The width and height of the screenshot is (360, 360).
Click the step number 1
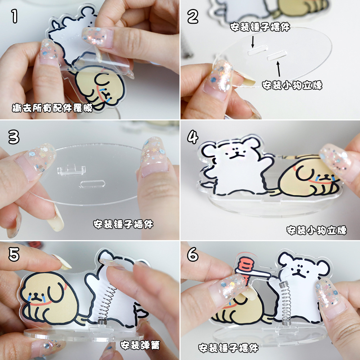14,17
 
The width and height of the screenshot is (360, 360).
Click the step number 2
193,17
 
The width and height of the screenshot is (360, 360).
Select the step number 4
193,137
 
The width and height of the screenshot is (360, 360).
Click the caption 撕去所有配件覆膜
52,108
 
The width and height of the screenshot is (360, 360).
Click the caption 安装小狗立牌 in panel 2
292,85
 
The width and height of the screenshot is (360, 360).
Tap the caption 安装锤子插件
123,225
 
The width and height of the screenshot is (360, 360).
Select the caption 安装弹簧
140,346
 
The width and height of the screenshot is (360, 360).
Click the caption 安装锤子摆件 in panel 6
228,348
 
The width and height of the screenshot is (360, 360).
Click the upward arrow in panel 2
278,69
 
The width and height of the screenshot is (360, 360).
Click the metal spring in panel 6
284,302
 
